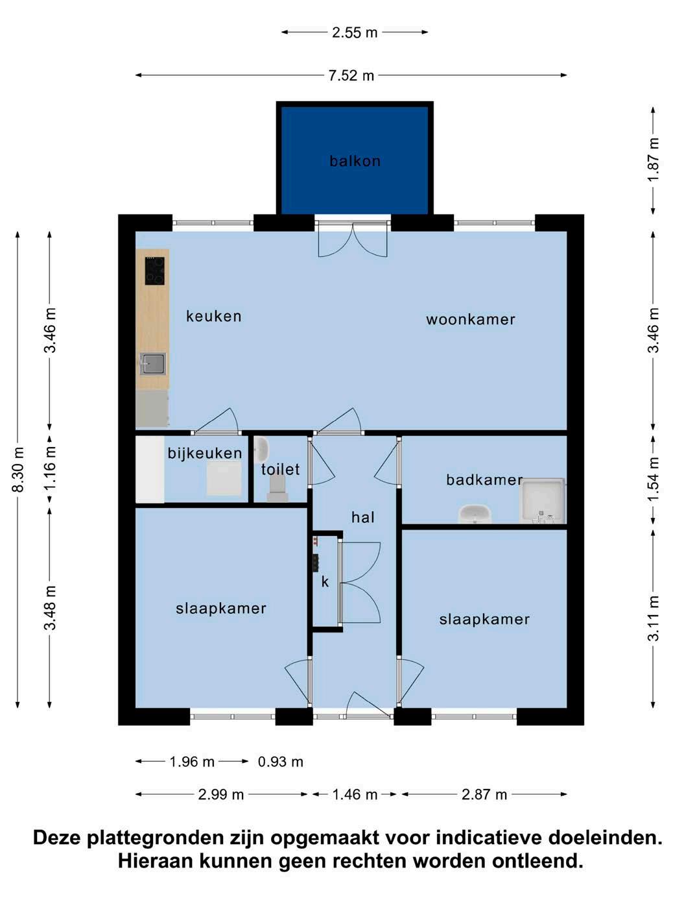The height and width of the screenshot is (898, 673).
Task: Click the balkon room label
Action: click(355, 161)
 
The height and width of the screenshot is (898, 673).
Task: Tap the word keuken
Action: click(214, 316)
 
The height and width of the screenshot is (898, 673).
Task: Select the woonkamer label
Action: click(470, 319)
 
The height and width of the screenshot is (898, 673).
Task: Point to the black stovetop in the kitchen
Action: click(155, 271)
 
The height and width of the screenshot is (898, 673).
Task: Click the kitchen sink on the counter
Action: click(153, 364)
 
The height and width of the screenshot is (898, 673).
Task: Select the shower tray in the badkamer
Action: click(542, 500)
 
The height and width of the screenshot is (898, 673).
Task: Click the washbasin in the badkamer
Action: click(474, 514)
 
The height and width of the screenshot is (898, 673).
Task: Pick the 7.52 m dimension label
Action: click(351, 76)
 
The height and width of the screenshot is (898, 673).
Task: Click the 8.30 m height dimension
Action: click(19, 469)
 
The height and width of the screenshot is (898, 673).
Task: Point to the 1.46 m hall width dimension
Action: click(355, 794)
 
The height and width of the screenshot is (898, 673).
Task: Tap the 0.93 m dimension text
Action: click(280, 762)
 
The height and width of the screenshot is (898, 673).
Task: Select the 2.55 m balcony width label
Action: click(355, 32)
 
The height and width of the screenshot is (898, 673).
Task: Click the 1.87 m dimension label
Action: click(654, 160)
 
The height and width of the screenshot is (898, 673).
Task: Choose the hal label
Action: click(363, 518)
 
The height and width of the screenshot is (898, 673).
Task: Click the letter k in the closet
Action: click(325, 582)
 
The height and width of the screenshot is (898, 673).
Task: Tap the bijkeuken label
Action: click(205, 454)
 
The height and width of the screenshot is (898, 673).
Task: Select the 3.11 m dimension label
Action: click(654, 618)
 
